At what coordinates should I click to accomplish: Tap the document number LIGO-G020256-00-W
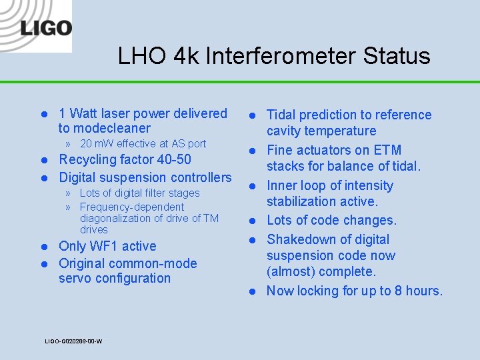coord(73,341)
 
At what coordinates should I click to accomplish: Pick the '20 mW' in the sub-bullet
coord(97,143)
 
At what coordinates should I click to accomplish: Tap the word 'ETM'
coord(387,150)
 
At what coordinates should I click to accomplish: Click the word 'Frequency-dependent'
coord(131,207)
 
